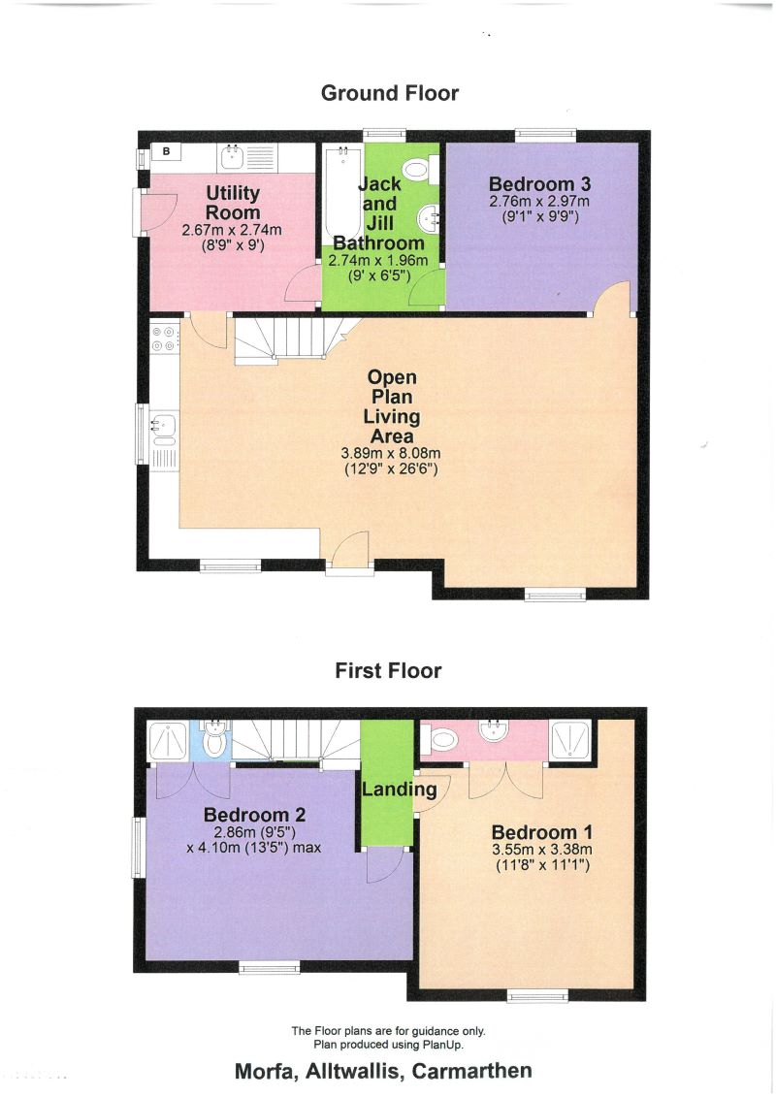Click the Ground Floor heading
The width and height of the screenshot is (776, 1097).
click(x=389, y=93)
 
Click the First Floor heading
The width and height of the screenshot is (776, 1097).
click(x=388, y=670)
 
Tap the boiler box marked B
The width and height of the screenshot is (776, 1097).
click(x=166, y=151)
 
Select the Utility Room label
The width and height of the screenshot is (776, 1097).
click(x=233, y=203)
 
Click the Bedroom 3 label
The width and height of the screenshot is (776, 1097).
click(x=539, y=183)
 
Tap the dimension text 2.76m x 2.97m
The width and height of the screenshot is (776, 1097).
click(x=539, y=202)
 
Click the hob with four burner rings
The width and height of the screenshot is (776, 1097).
click(x=163, y=336)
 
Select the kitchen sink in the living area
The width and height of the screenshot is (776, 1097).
click(x=163, y=423)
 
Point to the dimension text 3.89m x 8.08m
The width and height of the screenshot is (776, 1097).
click(x=393, y=453)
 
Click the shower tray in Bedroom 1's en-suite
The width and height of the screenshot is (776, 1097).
click(x=569, y=740)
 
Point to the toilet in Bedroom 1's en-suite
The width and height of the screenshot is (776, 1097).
click(x=442, y=740)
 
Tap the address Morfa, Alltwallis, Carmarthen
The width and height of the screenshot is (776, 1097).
click(x=383, y=1071)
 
